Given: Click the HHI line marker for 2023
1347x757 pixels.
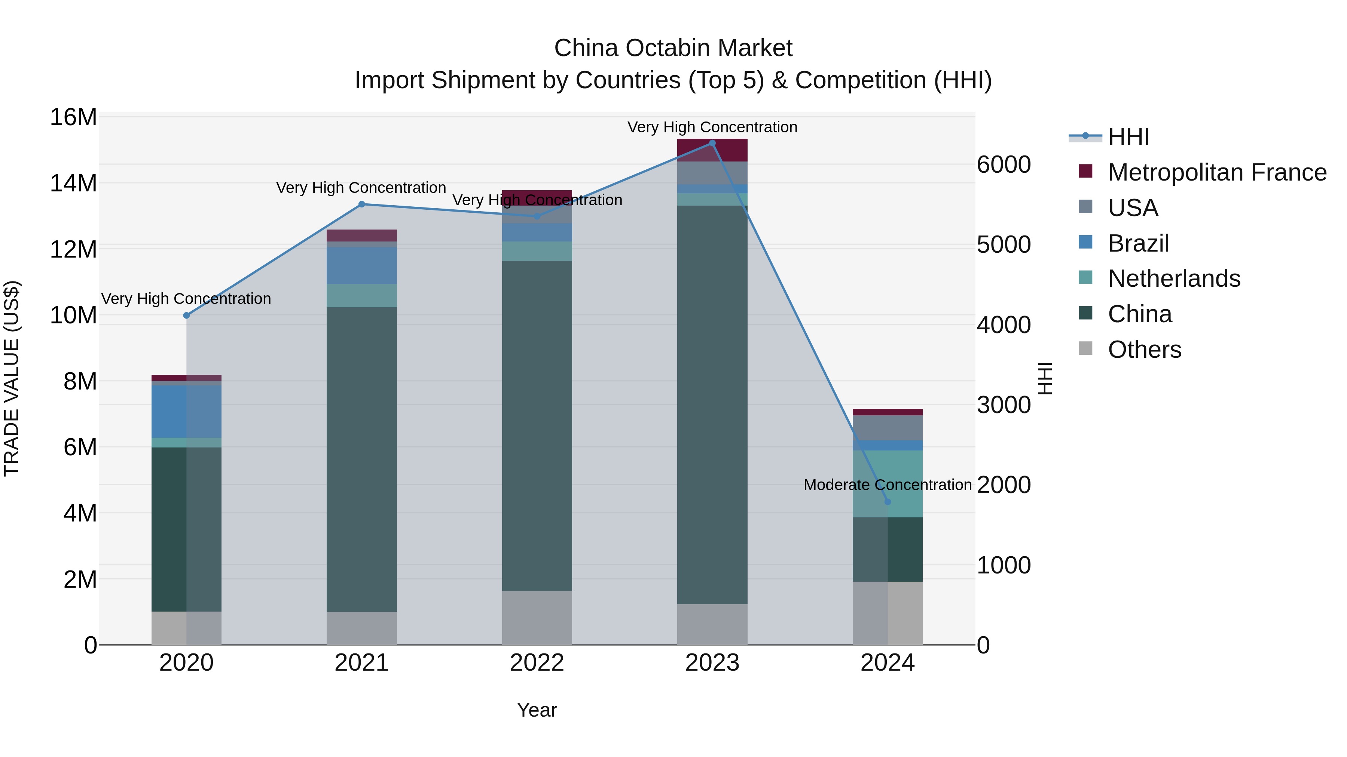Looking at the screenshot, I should click(x=712, y=143).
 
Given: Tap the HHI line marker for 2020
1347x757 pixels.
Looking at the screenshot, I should click(x=186, y=316).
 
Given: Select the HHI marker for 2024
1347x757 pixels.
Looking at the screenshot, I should click(x=888, y=502).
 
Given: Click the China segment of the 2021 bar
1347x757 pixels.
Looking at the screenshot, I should click(x=361, y=460).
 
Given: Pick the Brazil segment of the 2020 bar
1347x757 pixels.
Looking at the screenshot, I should click(x=186, y=412).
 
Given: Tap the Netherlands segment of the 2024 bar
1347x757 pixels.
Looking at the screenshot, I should click(x=888, y=484).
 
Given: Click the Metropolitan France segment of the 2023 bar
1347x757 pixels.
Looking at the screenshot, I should click(x=712, y=150).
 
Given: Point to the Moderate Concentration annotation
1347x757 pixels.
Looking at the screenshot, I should click(x=888, y=485).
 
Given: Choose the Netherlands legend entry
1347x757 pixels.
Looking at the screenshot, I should click(x=1173, y=279).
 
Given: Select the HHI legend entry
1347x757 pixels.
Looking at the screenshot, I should click(x=1128, y=137).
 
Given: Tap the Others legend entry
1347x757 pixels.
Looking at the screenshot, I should click(x=1144, y=350).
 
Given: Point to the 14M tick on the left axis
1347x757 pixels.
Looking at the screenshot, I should click(x=73, y=184).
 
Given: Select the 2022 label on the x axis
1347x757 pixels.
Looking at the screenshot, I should click(x=537, y=663).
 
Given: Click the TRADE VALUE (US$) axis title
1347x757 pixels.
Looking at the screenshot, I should click(x=12, y=378).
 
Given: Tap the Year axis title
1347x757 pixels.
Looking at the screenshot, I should click(x=537, y=710).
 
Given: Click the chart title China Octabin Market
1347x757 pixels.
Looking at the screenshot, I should click(x=673, y=48).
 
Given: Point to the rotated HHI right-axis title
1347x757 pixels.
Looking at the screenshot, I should click(x=1044, y=378).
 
